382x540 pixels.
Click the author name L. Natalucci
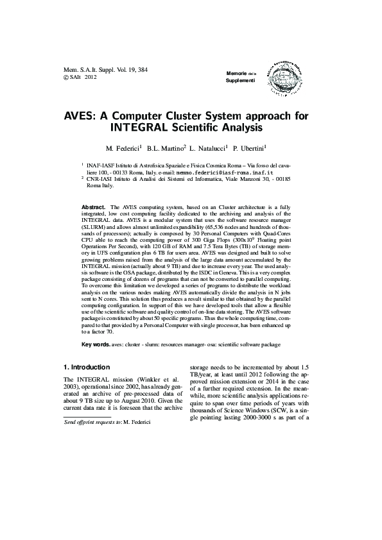pyautogui.click(x=208, y=148)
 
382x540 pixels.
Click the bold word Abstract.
pyautogui.click(x=95, y=208)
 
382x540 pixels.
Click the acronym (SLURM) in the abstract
pyautogui.click(x=95, y=227)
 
